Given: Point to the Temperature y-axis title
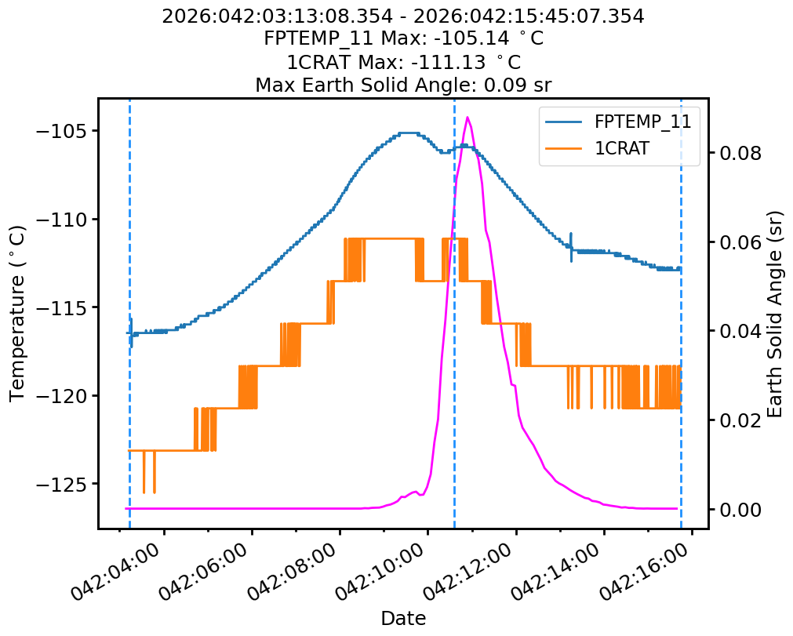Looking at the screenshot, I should click(17, 314).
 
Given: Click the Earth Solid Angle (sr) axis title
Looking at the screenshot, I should click(776, 314).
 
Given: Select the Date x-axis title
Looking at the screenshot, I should click(403, 619).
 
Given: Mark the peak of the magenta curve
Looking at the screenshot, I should click(467, 118).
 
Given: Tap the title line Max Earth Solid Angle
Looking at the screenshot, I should click(403, 85).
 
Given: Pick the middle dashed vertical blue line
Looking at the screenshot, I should click(455, 314).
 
